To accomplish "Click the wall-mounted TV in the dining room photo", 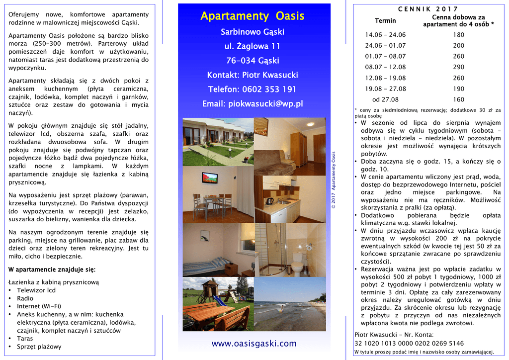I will (210, 177).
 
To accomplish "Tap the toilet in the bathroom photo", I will (297, 264).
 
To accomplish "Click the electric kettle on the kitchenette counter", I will (269, 201).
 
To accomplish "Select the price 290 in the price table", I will (458, 67).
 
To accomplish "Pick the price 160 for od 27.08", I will (458, 99).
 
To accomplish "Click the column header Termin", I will (385, 21).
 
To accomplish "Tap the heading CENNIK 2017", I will (428, 9).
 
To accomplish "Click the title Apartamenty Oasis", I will (253, 16).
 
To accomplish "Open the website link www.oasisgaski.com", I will (254, 344).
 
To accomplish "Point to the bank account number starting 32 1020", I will (409, 344).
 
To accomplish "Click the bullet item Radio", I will (25, 298).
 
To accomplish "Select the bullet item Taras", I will (25, 339).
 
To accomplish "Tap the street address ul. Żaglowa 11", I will (253, 46).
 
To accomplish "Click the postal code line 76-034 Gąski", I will (253, 61).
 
